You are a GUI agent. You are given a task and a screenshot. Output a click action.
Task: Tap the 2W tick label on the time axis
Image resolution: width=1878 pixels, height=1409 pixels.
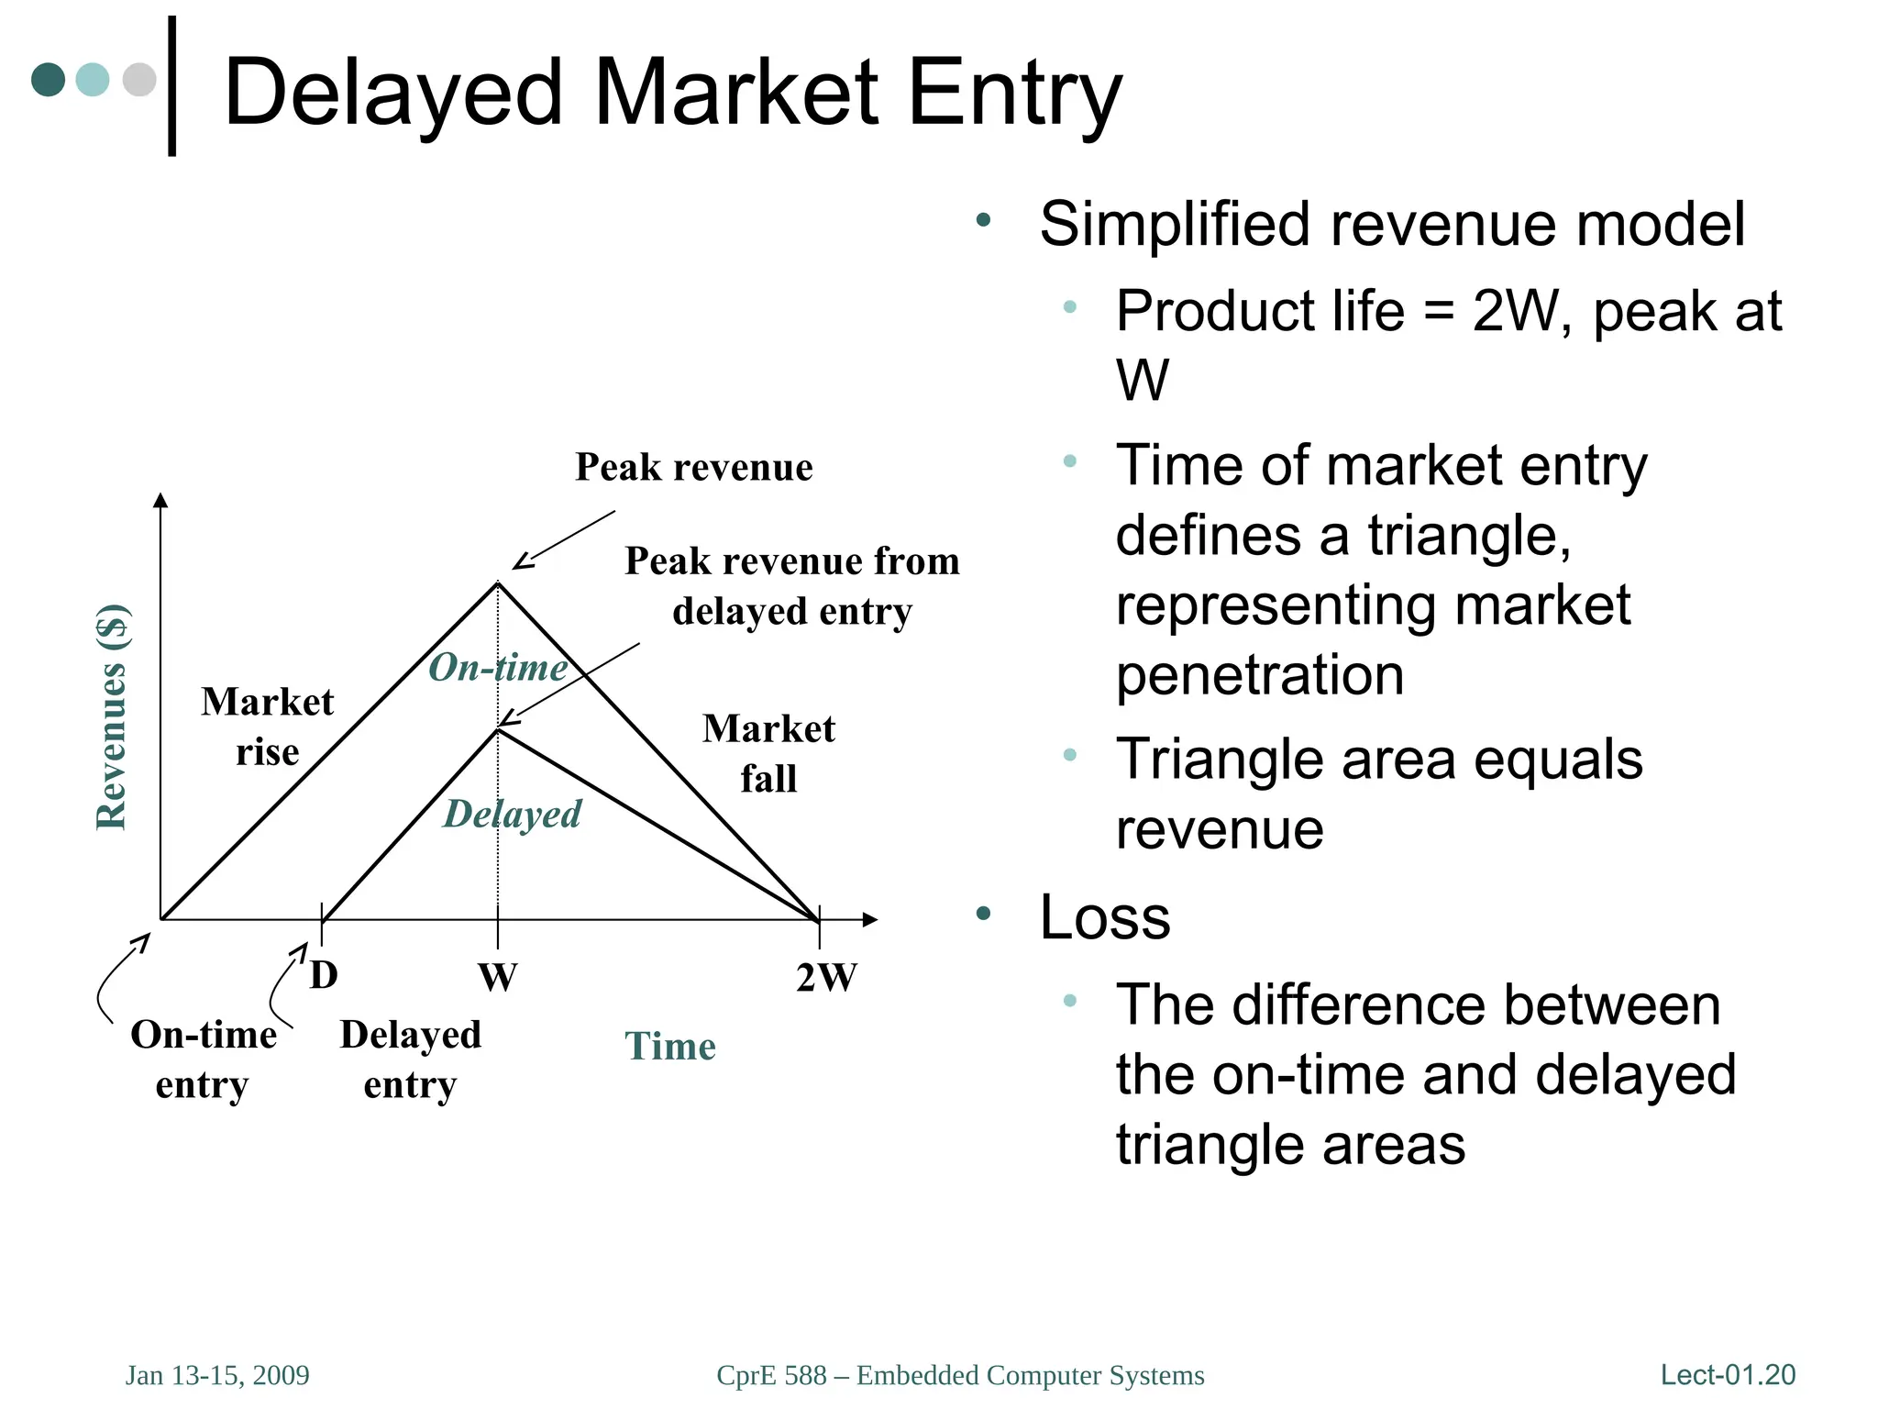coord(825,978)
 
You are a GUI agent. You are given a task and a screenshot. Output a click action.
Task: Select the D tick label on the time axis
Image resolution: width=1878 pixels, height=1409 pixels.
coord(324,975)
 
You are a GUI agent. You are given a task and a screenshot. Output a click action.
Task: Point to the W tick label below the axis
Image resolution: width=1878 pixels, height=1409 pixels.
coord(497,978)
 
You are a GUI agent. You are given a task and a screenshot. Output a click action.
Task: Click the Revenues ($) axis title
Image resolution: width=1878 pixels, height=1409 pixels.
coord(112,717)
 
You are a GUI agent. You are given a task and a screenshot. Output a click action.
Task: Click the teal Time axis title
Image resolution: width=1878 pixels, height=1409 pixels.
coord(669,1047)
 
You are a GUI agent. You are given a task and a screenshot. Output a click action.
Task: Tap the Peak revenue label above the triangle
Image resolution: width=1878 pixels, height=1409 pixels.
coord(693,467)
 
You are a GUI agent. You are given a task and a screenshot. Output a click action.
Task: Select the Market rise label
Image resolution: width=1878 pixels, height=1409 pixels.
coord(267,727)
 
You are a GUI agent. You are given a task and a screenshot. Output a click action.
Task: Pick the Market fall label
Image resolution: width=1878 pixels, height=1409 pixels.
coord(768,753)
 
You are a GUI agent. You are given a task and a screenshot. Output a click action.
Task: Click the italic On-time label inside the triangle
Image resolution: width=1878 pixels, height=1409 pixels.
coord(498,668)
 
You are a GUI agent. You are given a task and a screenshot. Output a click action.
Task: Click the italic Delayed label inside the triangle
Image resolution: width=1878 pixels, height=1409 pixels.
coord(512,815)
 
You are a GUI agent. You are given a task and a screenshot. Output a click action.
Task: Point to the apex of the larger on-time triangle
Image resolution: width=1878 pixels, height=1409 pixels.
coord(498,582)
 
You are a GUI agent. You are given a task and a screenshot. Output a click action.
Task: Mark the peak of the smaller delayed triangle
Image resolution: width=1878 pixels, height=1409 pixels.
coord(498,729)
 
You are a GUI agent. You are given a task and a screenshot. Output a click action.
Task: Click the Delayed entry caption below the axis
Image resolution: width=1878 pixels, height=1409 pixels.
coord(410,1060)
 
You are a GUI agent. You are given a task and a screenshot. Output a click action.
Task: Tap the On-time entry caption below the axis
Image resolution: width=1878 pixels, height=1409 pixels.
coord(203,1060)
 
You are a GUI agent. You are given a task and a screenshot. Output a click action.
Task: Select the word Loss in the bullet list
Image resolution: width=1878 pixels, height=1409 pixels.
coord(1104,917)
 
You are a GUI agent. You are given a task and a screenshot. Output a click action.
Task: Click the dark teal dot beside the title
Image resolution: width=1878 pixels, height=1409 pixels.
coord(48,79)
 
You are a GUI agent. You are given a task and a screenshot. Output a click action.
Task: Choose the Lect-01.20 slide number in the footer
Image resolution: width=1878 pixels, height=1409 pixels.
coord(1728,1375)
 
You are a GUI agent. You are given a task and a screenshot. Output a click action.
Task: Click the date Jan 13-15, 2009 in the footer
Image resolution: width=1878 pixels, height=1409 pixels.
coord(217,1376)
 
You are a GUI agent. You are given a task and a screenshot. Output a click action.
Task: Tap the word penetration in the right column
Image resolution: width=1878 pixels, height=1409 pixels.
coord(1259,676)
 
